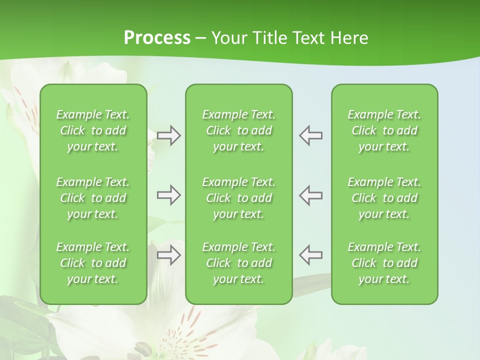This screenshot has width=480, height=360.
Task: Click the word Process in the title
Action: pos(157,38)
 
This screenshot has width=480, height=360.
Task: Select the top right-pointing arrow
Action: pos(168,135)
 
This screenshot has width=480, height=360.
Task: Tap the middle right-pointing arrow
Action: pos(168,195)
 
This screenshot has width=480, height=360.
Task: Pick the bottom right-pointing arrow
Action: pos(168,255)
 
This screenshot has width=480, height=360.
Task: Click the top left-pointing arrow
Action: pos(310,135)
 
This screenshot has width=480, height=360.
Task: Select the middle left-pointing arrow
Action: pos(310,195)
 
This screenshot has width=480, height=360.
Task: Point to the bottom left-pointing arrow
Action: pos(310,255)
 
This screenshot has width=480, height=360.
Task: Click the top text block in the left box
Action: pos(93,130)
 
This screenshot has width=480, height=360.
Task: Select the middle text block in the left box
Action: pos(93,198)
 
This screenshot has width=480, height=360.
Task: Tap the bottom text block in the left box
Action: pos(93,263)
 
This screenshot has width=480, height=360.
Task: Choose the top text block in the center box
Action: pos(238,130)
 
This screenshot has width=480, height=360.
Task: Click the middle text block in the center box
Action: pos(238,198)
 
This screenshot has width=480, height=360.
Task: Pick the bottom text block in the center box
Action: pos(238,263)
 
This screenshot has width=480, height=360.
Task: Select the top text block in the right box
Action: pos(384,130)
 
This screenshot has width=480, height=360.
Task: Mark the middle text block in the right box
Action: pos(384,198)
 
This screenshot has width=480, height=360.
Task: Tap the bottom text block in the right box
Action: pos(384,263)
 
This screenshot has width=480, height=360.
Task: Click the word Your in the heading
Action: pos(228,38)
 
